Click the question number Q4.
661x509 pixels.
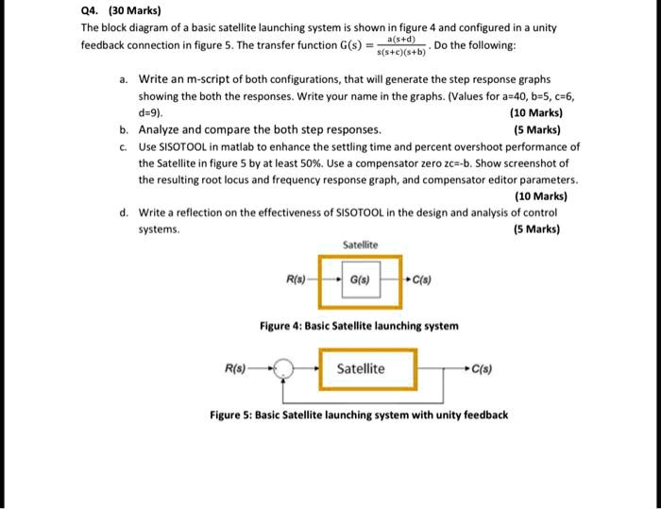[x=92, y=12]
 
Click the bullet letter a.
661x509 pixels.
[x=124, y=80]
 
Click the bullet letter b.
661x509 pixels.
[x=124, y=129]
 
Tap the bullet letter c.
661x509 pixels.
[x=124, y=146]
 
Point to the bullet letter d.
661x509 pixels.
[x=124, y=212]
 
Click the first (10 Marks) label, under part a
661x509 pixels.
[x=537, y=112]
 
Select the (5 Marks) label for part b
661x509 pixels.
[x=537, y=129]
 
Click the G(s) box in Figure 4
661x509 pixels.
[x=359, y=280]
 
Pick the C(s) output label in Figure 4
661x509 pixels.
[x=421, y=280]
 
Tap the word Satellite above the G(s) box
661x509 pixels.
[x=359, y=245]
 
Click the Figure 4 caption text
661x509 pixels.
[x=359, y=326]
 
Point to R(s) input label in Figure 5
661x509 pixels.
[x=237, y=369]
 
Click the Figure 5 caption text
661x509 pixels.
[x=359, y=415]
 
